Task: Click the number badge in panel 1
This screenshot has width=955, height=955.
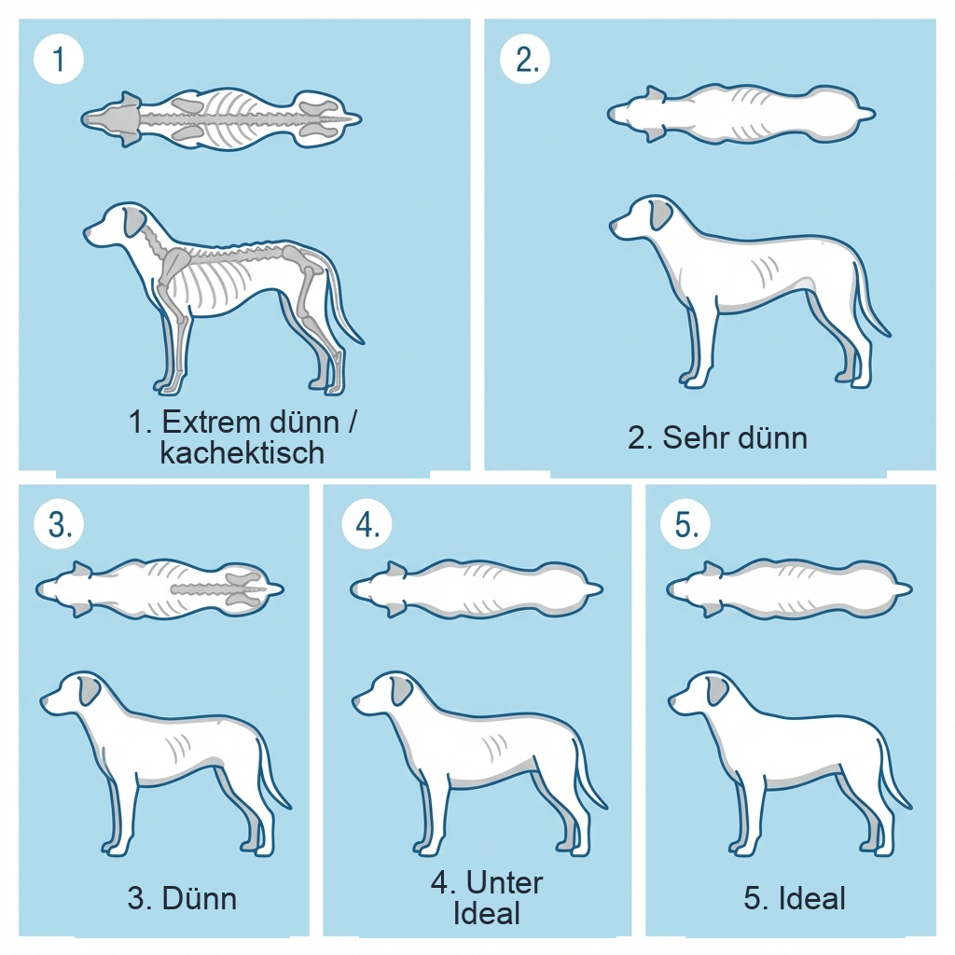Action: coord(59,60)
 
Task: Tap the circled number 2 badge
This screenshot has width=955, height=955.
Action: coord(525,60)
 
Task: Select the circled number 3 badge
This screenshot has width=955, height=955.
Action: coord(59,525)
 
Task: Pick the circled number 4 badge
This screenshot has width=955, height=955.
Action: coord(367,525)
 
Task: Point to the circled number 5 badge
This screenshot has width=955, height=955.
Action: coord(685,525)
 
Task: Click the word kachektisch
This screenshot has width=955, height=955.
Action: coord(242,453)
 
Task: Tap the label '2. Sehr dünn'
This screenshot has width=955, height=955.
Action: coord(716,437)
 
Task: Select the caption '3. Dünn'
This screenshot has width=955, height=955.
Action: coord(182,899)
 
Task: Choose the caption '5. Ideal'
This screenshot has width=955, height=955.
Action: coord(795,899)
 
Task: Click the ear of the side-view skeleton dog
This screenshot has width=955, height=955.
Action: coord(136,222)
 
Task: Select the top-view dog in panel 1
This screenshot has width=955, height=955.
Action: coord(221,118)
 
